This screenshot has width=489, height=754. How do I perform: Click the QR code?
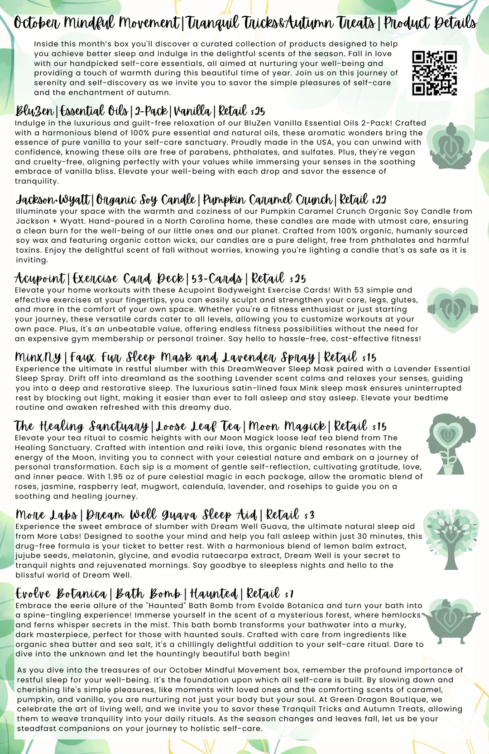point(435,73)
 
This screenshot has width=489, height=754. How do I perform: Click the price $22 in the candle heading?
point(379,200)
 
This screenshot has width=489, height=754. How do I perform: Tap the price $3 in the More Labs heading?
point(309,515)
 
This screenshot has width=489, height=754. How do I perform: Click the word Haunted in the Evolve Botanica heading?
point(214,594)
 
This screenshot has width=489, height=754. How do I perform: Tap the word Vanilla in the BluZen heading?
point(192,111)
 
